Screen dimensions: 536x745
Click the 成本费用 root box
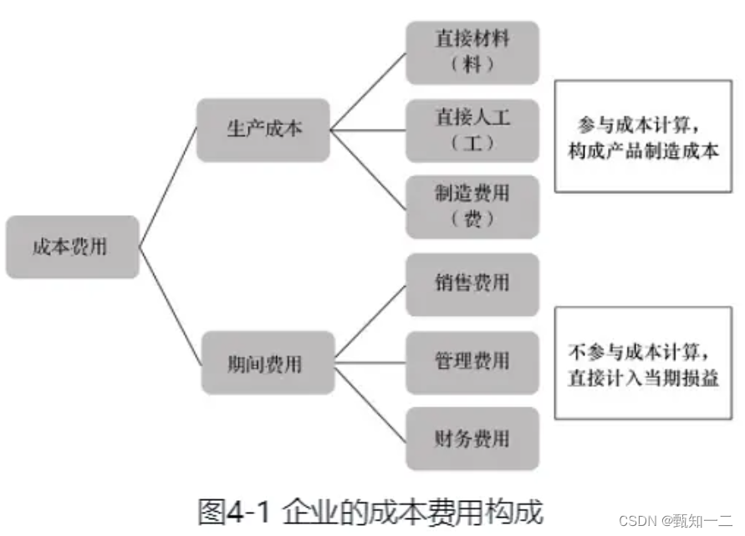[72, 247]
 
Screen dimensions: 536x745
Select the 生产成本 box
[263, 130]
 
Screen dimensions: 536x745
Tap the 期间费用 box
[268, 363]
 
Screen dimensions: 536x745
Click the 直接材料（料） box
[472, 52]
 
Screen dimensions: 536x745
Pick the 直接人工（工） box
[472, 130]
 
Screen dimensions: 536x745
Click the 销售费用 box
[472, 284]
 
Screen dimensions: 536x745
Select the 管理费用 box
[472, 362]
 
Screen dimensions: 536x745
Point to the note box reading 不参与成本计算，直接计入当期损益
[643, 364]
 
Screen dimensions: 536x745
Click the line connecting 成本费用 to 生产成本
[167, 188]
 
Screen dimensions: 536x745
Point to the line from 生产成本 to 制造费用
[368, 167]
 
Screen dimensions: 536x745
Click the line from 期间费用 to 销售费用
[370, 322]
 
